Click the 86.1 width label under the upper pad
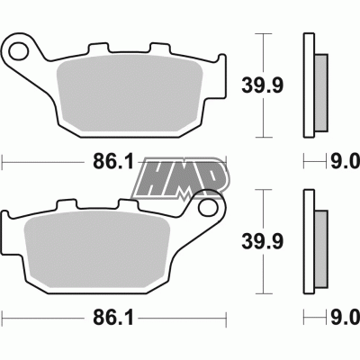tap(113, 162)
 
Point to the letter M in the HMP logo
tap(180, 175)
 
